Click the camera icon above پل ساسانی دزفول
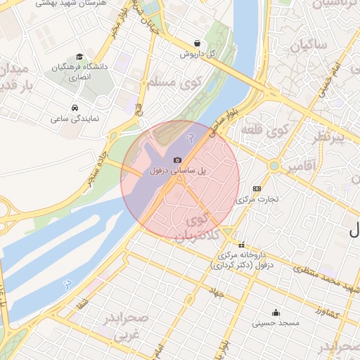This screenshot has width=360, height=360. click(177, 160)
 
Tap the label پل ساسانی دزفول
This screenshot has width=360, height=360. click(179, 171)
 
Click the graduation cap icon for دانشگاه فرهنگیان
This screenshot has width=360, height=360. click(79, 56)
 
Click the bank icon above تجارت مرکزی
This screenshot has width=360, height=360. click(257, 188)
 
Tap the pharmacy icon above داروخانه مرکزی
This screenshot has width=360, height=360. click(242, 245)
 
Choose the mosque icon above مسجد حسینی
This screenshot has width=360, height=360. click(276, 312)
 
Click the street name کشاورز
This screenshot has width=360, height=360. click(327, 311)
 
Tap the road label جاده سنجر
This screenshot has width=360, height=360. click(98, 161)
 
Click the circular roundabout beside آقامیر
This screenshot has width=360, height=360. click(275, 166)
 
